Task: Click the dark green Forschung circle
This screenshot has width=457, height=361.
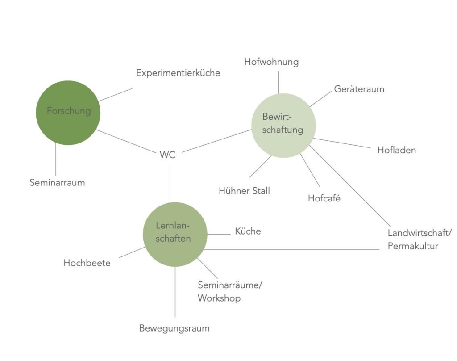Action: [x=68, y=113]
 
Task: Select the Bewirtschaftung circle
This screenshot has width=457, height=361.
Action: [x=283, y=126]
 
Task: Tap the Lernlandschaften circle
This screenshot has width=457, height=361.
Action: [x=175, y=235]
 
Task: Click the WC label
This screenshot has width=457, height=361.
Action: [x=168, y=155]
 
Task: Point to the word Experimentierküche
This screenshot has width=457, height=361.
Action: [x=178, y=73]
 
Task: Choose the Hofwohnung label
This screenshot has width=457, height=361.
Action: [x=271, y=62]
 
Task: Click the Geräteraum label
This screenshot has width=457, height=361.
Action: [x=359, y=89]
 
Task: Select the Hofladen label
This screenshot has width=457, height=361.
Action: [x=397, y=150]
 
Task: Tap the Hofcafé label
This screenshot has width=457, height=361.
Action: [x=324, y=198]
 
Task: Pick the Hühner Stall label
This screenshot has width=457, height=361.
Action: [x=244, y=191]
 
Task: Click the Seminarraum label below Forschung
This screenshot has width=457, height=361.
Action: [x=57, y=183]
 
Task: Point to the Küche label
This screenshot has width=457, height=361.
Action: [x=248, y=231]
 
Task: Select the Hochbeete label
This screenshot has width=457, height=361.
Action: [x=87, y=263]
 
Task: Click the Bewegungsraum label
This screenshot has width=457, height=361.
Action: [x=174, y=328]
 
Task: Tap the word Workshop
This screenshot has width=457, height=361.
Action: [x=219, y=298]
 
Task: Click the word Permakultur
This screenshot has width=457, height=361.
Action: [x=413, y=246]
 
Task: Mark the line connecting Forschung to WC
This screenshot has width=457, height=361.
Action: [x=126, y=141]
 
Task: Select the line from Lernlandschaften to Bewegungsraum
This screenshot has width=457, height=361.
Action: [x=175, y=292]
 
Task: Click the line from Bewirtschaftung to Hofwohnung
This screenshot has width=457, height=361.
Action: [x=278, y=83]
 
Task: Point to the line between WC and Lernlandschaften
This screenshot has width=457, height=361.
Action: [x=170, y=185]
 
